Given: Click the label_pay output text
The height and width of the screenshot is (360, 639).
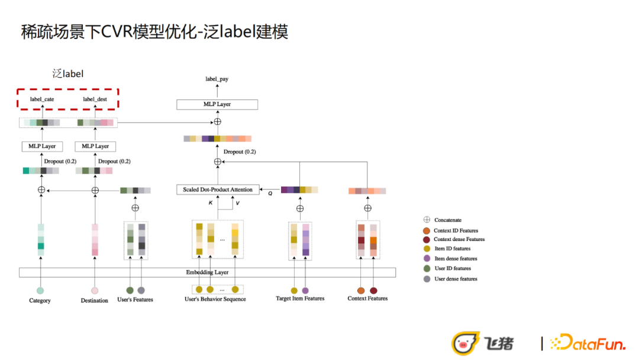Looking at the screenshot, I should tap(217, 79).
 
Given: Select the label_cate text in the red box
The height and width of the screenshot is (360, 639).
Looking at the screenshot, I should tap(42, 99).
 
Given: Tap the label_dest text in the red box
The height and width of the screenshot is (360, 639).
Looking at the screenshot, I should tap(95, 99).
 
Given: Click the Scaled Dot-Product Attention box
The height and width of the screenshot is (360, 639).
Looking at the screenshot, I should tap(217, 190).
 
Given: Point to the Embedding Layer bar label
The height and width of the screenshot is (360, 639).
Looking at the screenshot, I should tap(207, 272).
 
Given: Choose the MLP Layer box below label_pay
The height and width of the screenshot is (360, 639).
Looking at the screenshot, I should tap(217, 104).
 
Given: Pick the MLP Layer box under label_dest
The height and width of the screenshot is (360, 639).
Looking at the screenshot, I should tap(95, 146).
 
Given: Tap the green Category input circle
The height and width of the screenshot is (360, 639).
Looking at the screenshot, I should tap(40, 291).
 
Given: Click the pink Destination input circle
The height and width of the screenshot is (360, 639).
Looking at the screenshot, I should tap(95, 291).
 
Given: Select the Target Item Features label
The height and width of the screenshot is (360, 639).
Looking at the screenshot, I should tap(300, 298).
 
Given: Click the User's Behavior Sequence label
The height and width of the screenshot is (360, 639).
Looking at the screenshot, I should tap(215, 299).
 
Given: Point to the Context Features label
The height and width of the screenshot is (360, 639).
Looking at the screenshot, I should tap(367, 298).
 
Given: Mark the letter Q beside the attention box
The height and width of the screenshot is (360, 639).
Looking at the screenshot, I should tap(270, 193).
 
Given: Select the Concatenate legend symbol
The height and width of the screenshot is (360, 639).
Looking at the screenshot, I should tap(427, 220).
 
